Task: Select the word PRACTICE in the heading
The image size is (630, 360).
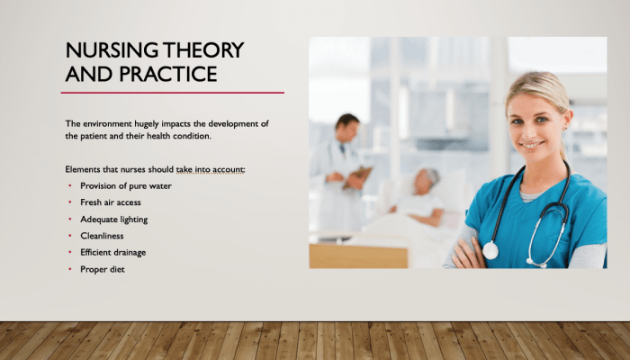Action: coord(168,74)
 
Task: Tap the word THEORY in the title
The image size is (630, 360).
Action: coord(203,50)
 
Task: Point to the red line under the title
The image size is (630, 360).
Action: coord(173,93)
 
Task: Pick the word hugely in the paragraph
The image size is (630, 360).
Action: coord(147,124)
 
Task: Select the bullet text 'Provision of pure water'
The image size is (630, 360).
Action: coord(126,186)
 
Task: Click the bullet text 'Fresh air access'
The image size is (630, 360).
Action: coord(111,202)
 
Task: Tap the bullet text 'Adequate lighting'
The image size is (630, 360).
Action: coord(114,220)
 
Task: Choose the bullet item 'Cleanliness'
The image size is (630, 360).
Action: coord(102,236)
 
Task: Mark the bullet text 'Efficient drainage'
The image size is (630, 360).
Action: coord(112,253)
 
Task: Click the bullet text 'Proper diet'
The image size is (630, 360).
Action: coord(103,269)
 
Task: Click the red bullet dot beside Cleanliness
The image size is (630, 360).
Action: coord(70,236)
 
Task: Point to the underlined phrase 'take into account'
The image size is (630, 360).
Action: coord(210,170)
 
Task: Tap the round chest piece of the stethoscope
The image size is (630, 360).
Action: coord(490,250)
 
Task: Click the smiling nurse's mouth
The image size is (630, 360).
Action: coord(532,145)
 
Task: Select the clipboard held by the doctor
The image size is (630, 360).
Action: coord(357,177)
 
